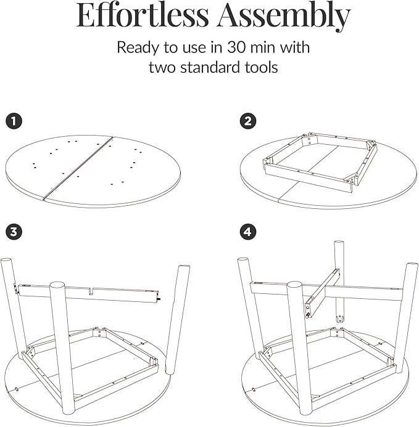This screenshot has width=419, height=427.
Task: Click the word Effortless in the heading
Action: [x=143, y=15]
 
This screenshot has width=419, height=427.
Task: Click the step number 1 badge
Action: [x=14, y=121]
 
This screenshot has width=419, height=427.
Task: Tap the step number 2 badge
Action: [x=248, y=121]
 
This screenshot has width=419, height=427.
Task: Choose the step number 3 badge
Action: [x=14, y=232]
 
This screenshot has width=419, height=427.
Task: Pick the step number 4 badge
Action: [x=248, y=232]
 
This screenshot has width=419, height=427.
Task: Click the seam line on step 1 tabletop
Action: [x=78, y=168]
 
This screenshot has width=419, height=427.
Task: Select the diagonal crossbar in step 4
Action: [x=323, y=293]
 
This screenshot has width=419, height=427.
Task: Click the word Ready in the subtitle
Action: [x=138, y=48]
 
